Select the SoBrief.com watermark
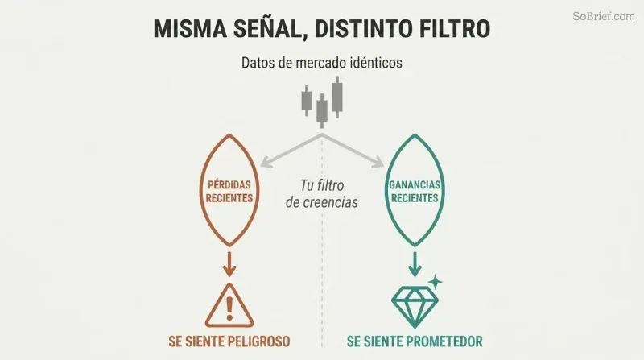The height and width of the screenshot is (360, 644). (604, 16)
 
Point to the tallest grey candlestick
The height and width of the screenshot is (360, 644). (337, 97)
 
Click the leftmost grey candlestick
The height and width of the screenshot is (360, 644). (307, 101)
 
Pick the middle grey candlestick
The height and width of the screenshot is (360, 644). (322, 110)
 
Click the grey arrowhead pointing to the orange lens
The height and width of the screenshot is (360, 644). (266, 163)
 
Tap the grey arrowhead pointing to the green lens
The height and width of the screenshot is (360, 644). (377, 163)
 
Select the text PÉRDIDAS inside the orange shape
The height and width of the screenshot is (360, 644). (229, 184)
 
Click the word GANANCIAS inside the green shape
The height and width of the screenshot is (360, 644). (415, 184)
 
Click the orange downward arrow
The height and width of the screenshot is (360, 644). (229, 264)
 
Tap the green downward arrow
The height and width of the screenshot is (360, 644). (415, 264)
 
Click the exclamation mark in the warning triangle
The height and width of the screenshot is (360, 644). (229, 308)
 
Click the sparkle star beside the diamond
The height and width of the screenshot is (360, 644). (435, 282)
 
